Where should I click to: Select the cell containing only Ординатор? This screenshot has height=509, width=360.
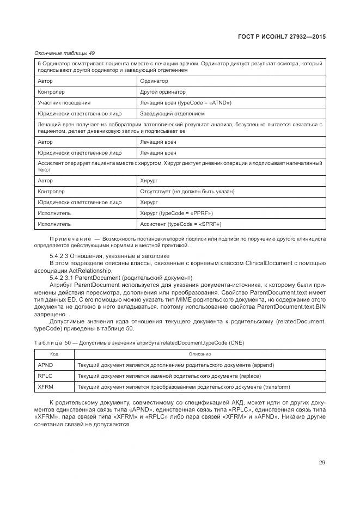[154, 81]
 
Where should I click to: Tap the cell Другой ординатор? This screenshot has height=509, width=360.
[163, 92]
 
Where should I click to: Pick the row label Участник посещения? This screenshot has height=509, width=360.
[64, 103]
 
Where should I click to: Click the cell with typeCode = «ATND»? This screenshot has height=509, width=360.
[186, 103]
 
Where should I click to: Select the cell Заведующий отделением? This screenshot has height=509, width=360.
[173, 114]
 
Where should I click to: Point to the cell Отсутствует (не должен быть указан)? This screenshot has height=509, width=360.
[187, 192]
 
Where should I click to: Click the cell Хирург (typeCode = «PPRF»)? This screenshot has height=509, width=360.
[176, 213]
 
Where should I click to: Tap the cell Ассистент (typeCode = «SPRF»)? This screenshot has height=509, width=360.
[180, 224]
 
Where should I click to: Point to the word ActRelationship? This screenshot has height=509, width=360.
[77, 270]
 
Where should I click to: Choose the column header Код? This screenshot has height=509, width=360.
[54, 354]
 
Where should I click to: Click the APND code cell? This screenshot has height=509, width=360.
[45, 365]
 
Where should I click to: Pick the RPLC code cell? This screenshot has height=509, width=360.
[45, 376]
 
